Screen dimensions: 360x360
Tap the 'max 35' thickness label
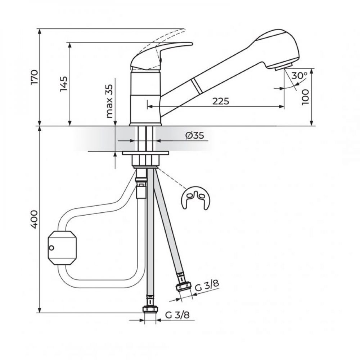pyautogui.click(x=109, y=102)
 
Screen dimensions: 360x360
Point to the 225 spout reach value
pyautogui.click(x=220, y=101)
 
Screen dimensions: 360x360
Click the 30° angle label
pyautogui.click(x=300, y=76)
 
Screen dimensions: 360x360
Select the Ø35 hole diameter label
pyautogui.click(x=194, y=135)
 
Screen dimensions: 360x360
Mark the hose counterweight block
pyautogui.click(x=62, y=248)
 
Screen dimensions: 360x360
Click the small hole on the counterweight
pyautogui.click(x=52, y=247)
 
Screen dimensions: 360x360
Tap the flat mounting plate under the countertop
pyautogui.click(x=145, y=153)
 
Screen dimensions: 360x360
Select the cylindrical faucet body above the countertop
pyautogui.click(x=145, y=97)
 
